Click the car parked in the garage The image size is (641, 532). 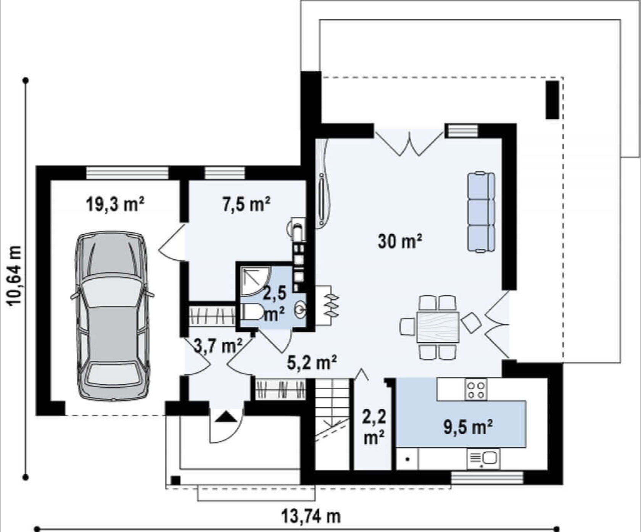[x=112, y=316]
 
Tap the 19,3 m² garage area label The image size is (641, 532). [x=115, y=205]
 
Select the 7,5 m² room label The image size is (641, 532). [x=246, y=205]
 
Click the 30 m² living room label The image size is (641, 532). [x=400, y=241]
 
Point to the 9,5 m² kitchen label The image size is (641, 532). [x=468, y=427]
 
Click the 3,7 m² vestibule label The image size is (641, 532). [x=218, y=347]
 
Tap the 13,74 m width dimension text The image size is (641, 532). [x=311, y=517]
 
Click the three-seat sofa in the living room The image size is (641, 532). [x=481, y=212]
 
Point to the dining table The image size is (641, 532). [x=438, y=327]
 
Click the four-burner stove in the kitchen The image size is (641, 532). [x=476, y=389]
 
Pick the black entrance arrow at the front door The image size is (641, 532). [x=226, y=417]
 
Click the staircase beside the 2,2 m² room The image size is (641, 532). [x=332, y=424]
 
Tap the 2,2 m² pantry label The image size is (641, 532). [x=374, y=427]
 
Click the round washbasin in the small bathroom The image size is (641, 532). [x=300, y=310]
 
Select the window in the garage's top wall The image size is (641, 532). [x=127, y=173]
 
